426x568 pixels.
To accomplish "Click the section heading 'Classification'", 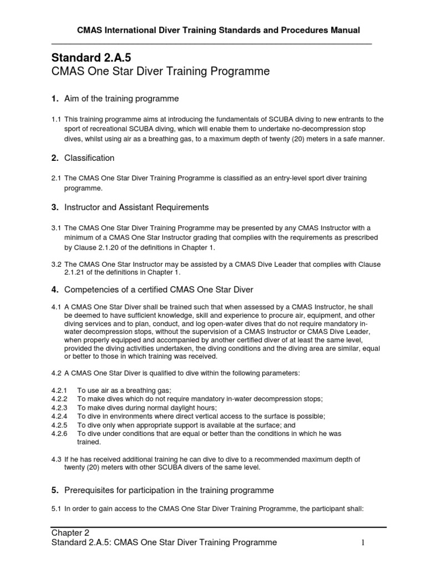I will [89, 158].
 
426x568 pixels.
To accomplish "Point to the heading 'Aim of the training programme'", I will [121, 99].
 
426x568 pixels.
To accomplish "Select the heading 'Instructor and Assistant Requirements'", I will [136, 207].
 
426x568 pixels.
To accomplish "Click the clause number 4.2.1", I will [59, 390].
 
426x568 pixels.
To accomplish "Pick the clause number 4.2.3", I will [59, 408].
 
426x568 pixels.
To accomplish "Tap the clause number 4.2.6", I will [59, 433].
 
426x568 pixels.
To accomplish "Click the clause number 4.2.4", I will [59, 416].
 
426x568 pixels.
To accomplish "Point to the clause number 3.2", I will [56, 265].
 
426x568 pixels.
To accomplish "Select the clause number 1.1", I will [56, 119].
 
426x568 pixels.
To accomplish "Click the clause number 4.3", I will [56, 459].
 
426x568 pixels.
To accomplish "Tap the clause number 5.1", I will [56, 508].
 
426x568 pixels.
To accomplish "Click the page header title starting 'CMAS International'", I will [210, 30].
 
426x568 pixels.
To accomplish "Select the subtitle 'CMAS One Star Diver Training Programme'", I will [160, 72].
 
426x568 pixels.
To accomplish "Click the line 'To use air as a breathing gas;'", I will [124, 390].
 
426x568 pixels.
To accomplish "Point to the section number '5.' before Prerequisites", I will [55, 490].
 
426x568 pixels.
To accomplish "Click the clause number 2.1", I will [56, 178].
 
